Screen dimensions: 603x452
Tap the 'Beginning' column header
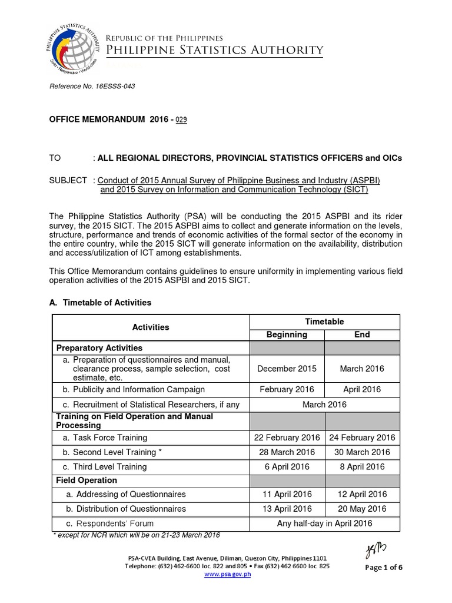point(287,334)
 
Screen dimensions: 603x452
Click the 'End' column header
point(362,334)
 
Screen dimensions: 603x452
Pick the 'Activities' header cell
point(151,327)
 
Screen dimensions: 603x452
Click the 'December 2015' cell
point(287,369)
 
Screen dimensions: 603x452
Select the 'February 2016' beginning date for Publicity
point(287,389)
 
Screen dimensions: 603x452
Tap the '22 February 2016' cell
point(287,438)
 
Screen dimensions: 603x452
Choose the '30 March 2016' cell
point(362,452)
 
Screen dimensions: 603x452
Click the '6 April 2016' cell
point(287,466)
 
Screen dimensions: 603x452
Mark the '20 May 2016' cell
point(362,509)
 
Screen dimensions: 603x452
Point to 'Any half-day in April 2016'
point(324,524)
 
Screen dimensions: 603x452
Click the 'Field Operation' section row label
point(87,481)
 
